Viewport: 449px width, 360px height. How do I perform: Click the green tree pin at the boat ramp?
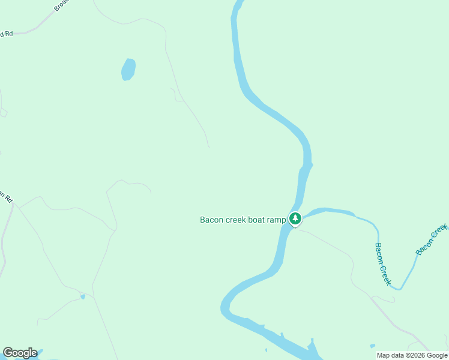click(x=295, y=219)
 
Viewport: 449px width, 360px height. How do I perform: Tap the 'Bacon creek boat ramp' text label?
click(x=243, y=220)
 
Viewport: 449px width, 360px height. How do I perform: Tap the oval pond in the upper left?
click(x=128, y=69)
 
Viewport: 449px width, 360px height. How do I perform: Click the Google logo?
click(x=20, y=353)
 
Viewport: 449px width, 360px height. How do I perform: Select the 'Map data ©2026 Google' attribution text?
click(x=412, y=355)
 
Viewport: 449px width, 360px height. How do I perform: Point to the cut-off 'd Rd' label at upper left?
click(x=6, y=34)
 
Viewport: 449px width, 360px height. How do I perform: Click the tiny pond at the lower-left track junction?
click(x=83, y=296)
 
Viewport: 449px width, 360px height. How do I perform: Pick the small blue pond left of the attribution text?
click(x=373, y=346)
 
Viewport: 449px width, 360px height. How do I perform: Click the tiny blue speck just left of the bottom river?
click(x=266, y=350)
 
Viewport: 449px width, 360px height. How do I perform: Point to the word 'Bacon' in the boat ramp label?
click(x=211, y=220)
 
